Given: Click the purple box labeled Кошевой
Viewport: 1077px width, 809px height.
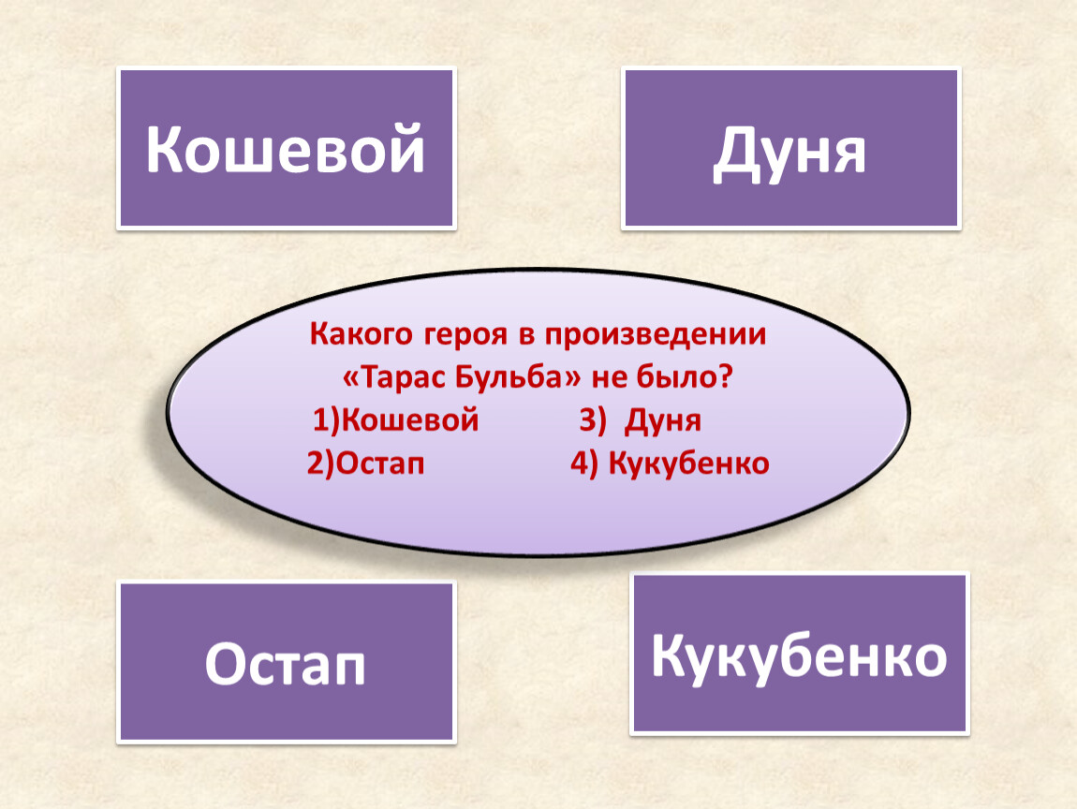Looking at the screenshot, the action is [286, 148].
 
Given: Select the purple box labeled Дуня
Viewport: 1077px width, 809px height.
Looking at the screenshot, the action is [790, 148].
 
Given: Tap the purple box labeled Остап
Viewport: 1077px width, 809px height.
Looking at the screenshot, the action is [286, 663].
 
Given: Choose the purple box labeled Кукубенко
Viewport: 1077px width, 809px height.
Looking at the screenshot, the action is [800, 655].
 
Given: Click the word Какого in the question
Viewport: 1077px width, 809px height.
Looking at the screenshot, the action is [361, 334].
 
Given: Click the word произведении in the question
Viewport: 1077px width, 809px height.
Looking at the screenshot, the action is [656, 335].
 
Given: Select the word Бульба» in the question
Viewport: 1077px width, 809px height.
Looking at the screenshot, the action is [519, 377].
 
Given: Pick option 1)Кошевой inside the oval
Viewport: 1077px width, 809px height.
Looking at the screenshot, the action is [395, 419].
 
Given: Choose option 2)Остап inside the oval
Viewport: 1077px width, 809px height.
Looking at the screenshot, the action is [365, 463].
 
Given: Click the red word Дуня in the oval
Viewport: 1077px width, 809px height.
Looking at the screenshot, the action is [663, 421].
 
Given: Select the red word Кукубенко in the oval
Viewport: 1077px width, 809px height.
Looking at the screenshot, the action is [689, 463].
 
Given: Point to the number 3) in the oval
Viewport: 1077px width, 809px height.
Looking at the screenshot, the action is [593, 420].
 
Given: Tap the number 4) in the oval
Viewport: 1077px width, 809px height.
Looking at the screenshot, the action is [583, 463].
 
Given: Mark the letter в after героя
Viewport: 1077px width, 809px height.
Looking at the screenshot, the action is [526, 336].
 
